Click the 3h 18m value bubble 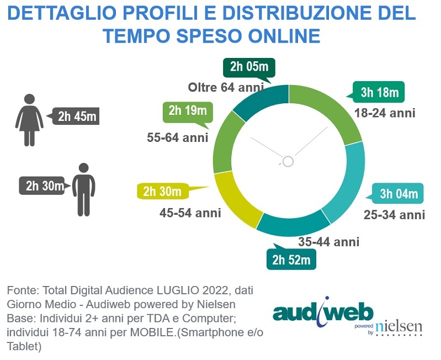coord(380,92)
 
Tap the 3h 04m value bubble coord(399,194)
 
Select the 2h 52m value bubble coord(291,260)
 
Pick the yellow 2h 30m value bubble coord(162,192)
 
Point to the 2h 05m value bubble coord(249,67)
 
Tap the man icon coord(83,189)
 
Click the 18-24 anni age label coord(384,113)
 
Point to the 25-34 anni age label coord(394,215)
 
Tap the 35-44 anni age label coord(328,241)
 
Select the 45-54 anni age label coord(190,213)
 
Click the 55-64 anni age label coord(178,137)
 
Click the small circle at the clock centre coord(288,161)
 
